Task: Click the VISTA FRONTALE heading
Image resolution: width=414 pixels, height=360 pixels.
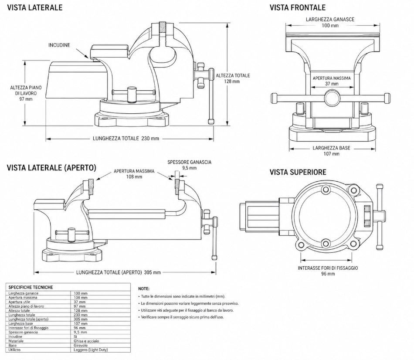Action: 298,7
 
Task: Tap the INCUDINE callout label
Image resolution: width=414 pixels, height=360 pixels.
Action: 59,45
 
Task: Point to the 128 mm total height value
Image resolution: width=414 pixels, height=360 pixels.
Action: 232,82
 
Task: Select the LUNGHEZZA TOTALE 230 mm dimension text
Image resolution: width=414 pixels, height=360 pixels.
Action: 126,139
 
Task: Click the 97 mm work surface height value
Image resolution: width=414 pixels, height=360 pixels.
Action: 26,99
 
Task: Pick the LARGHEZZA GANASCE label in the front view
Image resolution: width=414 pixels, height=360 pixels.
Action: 330,19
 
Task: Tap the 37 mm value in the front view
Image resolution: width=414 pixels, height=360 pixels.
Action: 332,84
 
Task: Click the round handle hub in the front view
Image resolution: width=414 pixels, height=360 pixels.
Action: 332,98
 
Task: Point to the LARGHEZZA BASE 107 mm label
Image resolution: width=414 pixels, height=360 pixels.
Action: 331,151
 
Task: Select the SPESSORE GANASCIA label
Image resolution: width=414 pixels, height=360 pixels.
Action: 189,162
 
